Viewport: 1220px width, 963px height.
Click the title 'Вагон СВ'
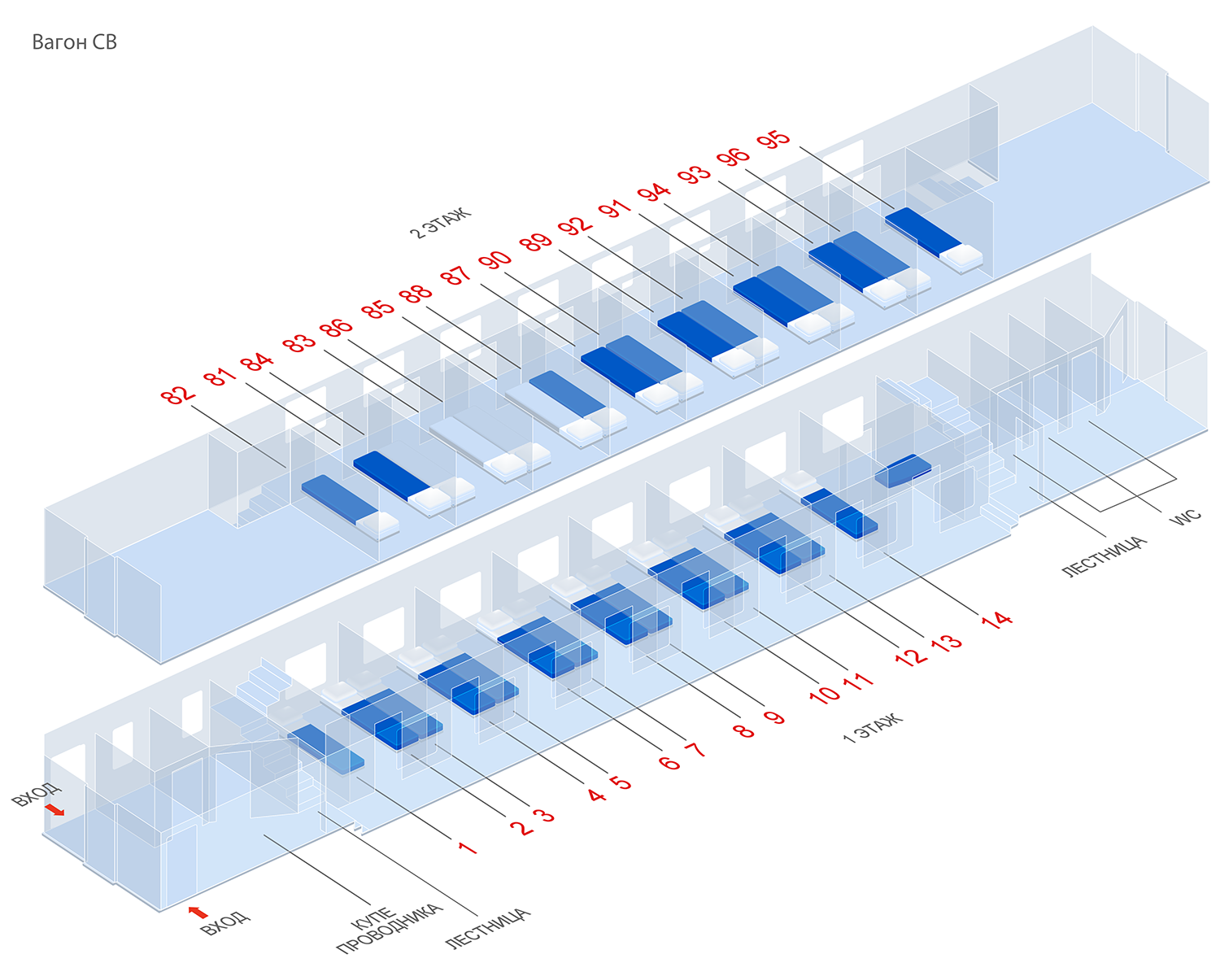click(x=74, y=42)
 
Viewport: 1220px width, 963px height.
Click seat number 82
click(x=178, y=395)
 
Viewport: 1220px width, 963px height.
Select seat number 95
click(x=773, y=139)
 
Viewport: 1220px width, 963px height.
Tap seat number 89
click(x=535, y=242)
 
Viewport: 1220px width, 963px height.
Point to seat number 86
click(x=336, y=327)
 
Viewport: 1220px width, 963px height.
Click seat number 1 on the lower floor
click(x=467, y=848)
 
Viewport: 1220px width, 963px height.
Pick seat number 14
click(x=996, y=620)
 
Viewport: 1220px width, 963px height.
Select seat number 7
click(x=695, y=749)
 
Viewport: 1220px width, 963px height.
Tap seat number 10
click(x=823, y=694)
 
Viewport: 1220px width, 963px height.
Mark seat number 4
click(x=597, y=794)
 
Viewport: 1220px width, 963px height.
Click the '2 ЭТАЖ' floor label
click(x=440, y=223)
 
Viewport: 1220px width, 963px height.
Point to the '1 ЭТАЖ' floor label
click(x=873, y=728)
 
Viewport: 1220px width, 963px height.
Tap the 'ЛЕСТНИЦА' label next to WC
click(x=1104, y=556)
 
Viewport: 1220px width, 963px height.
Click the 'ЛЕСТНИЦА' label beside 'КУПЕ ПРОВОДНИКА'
click(x=488, y=928)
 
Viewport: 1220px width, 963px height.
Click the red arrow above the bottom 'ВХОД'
click(x=198, y=912)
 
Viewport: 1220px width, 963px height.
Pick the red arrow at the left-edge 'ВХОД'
click(x=54, y=809)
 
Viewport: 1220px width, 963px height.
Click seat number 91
click(x=615, y=209)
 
